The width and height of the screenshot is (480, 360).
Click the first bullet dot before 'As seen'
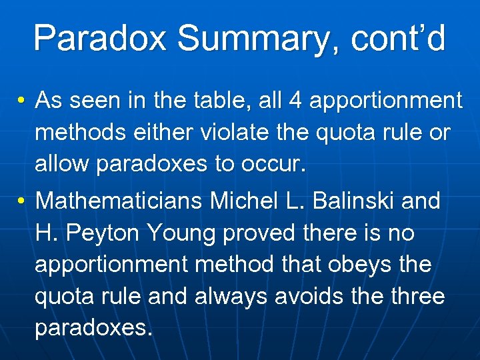[23, 101]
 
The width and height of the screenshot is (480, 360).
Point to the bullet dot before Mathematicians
[23, 201]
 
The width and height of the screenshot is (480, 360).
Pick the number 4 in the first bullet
[296, 101]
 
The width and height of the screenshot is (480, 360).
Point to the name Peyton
[103, 233]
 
